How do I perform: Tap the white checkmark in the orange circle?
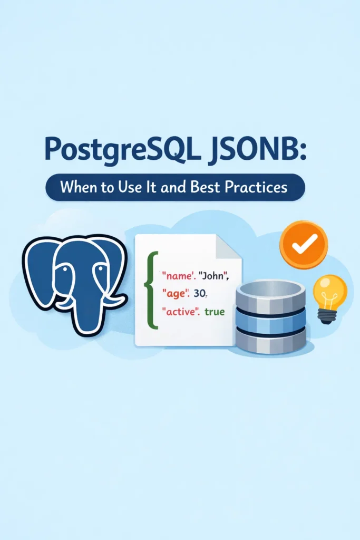click(x=304, y=243)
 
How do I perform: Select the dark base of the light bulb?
click(x=327, y=316)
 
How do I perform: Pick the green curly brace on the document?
click(x=153, y=290)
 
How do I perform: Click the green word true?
click(x=215, y=312)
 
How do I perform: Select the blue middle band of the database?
click(x=270, y=317)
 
